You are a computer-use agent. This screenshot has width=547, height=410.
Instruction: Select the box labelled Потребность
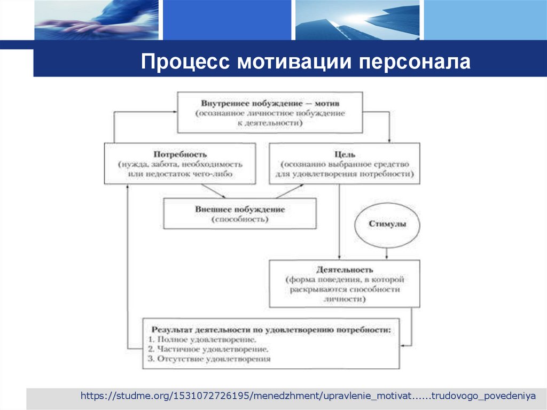pyautogui.click(x=180, y=164)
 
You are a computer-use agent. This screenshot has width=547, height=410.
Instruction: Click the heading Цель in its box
pyautogui.click(x=344, y=154)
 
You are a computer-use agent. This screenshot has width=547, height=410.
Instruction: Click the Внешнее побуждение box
pyautogui.click(x=240, y=213)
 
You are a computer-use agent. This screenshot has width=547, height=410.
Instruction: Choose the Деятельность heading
pyautogui.click(x=344, y=269)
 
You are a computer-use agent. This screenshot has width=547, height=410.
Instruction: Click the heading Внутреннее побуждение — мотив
pyautogui.click(x=270, y=103)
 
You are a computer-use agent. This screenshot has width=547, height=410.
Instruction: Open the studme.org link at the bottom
pyautogui.click(x=308, y=396)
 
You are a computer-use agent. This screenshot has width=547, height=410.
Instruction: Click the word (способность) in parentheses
pyautogui.click(x=240, y=219)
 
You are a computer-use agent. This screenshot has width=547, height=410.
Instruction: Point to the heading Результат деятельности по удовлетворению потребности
pyautogui.click(x=271, y=330)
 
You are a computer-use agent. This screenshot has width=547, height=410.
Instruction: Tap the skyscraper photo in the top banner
pyautogui.click(x=357, y=20)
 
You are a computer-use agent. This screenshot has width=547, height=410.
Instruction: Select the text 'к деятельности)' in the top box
pyautogui.click(x=270, y=122)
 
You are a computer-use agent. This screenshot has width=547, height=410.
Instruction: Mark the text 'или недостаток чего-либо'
pyautogui.click(x=180, y=174)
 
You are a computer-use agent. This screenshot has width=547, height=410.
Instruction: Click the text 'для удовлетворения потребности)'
pyautogui.click(x=344, y=174)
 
